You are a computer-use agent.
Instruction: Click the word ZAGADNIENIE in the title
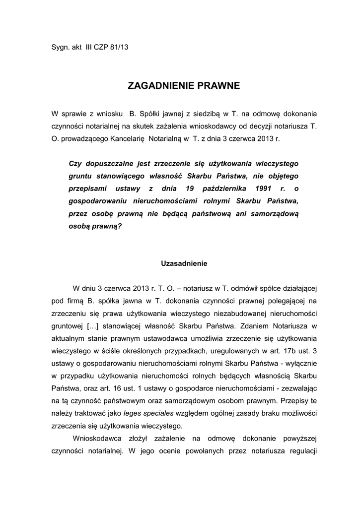(154, 86)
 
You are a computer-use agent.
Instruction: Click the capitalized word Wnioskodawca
(97, 439)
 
